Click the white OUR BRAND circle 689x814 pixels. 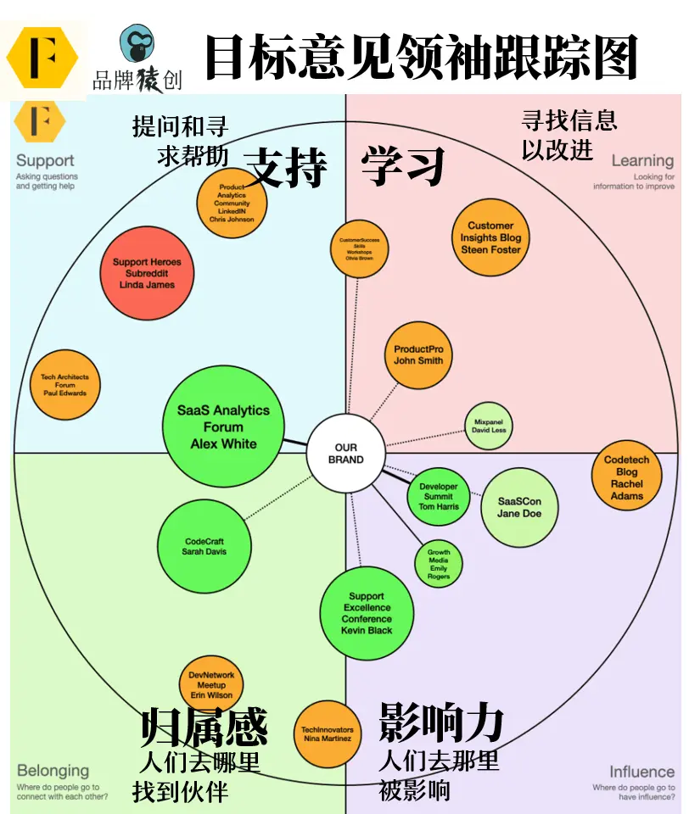coord(345,454)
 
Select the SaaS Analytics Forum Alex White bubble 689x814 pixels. coord(223,427)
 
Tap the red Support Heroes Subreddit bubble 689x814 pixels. coord(147,274)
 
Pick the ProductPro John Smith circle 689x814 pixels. coord(418,355)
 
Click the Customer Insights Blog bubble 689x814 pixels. coord(490,238)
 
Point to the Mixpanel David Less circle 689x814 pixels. coord(489,426)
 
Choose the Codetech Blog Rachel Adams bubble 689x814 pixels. coord(626,477)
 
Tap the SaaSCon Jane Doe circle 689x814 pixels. coord(518,507)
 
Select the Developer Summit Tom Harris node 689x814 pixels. coord(439,497)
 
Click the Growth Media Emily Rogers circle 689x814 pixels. coord(439,564)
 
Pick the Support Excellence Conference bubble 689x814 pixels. coord(367,613)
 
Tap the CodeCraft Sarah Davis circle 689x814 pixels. coord(204,546)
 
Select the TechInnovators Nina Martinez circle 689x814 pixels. coord(327,733)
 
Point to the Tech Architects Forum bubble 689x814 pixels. coord(64,385)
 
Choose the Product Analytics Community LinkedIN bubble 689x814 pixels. coord(232,203)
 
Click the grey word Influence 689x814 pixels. coord(641,772)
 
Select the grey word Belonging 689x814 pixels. coord(53,771)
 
